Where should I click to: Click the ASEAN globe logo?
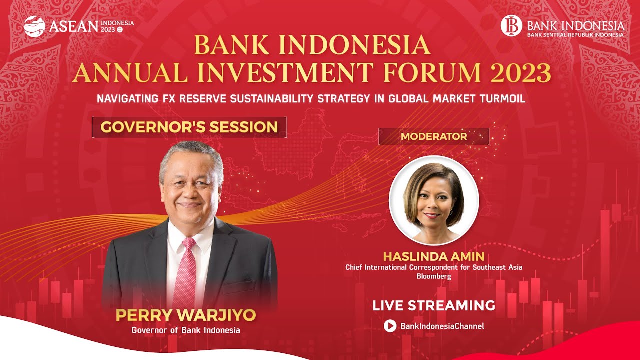pyautogui.click(x=34, y=26)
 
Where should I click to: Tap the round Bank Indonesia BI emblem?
pyautogui.click(x=511, y=25)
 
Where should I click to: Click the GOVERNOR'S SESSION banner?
pyautogui.click(x=189, y=127)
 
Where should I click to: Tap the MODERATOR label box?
pyautogui.click(x=433, y=136)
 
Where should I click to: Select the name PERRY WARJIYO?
pyautogui.click(x=186, y=315)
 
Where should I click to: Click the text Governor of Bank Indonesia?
pyautogui.click(x=186, y=330)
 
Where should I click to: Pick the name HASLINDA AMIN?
pyautogui.click(x=433, y=257)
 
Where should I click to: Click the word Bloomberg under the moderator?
pyautogui.click(x=433, y=276)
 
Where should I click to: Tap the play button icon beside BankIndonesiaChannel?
pyautogui.click(x=390, y=326)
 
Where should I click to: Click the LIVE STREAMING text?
pyautogui.click(x=433, y=305)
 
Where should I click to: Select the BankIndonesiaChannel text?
pyautogui.click(x=442, y=326)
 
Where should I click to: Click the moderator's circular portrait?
pyautogui.click(x=433, y=200)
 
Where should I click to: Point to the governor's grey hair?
pyautogui.click(x=190, y=155)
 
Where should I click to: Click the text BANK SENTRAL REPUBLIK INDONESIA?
pyautogui.click(x=575, y=35)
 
